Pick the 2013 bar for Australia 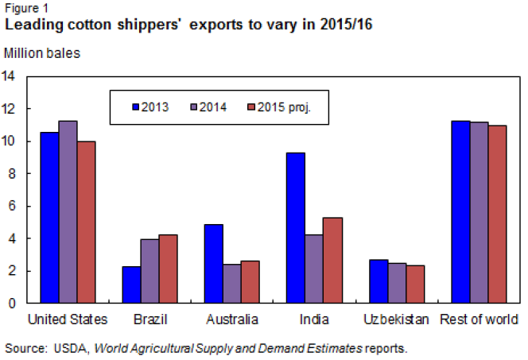pyautogui.click(x=213, y=264)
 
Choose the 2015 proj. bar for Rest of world pyautogui.click(x=497, y=215)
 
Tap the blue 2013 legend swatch pyautogui.click(x=136, y=106)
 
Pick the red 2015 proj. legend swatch pyautogui.click(x=252, y=106)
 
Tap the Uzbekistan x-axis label pyautogui.click(x=395, y=320)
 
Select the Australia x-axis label pyautogui.click(x=231, y=320)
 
